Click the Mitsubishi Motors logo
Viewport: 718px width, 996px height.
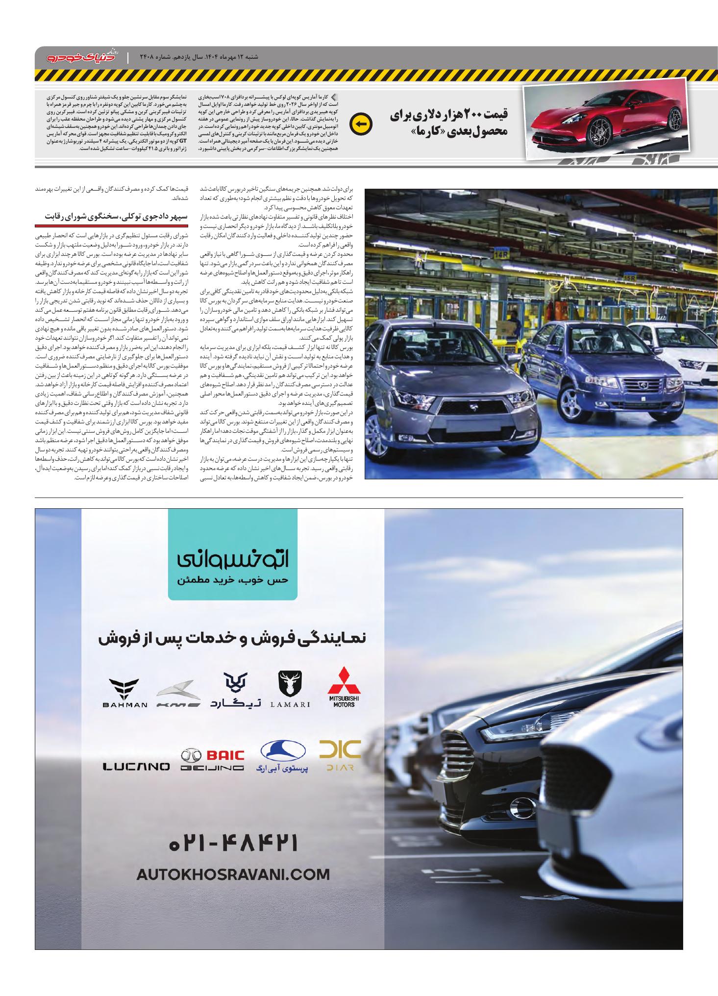(344, 686)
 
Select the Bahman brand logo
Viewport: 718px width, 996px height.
(125, 693)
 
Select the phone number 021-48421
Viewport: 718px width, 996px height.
(234, 844)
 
